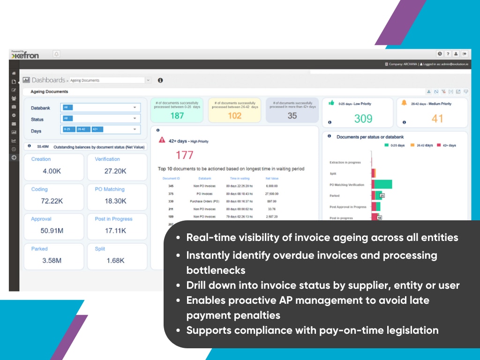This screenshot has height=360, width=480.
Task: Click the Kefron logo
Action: coord(25,55)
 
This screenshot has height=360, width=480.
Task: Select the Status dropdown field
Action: coord(100,119)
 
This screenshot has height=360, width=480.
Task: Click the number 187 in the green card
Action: coord(177,116)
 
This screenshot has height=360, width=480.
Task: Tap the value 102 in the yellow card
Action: coord(234,116)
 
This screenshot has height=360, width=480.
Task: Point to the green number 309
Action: coord(363,119)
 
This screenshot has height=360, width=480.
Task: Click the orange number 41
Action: coord(437,119)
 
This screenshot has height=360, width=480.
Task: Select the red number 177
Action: coord(185,155)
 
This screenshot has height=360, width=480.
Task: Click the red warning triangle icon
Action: coord(162,140)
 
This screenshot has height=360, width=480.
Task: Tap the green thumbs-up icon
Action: coord(331,103)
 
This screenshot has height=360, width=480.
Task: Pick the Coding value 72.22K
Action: coord(52,201)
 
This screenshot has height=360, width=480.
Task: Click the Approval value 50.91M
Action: coord(52,231)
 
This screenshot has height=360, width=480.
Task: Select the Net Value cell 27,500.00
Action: coord(272,194)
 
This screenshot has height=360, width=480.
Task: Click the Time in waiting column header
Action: coord(240,179)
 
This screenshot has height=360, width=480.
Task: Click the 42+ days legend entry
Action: coord(447,145)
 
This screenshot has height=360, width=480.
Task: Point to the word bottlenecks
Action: coord(216,271)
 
